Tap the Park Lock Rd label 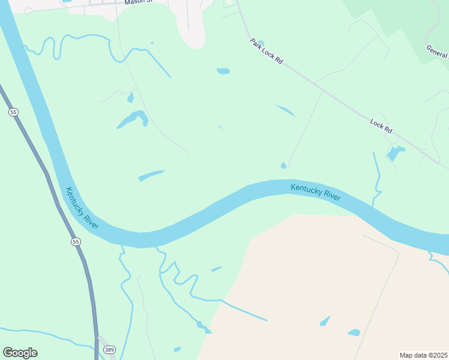point(266,52)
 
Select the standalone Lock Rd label point(381,126)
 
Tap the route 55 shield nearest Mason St point(13,112)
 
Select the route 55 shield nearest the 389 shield point(75,241)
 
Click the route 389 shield point(109,349)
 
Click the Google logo point(20,353)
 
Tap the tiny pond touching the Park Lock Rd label point(260,43)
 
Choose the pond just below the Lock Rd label point(396,153)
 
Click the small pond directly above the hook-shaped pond point(130,97)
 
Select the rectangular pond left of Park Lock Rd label point(223,71)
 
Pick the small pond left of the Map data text point(354,332)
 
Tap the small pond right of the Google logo point(177,349)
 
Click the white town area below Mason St point(191,27)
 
